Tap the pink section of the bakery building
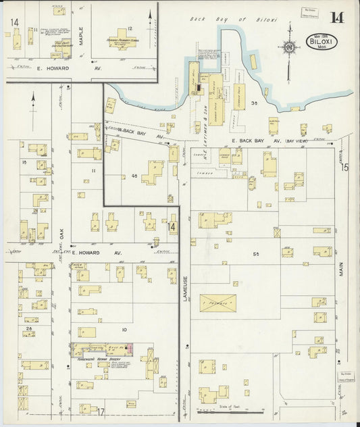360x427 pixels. point(132,347)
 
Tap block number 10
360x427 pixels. point(124,329)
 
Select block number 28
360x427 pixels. point(28,328)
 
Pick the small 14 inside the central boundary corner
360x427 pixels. point(173,227)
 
